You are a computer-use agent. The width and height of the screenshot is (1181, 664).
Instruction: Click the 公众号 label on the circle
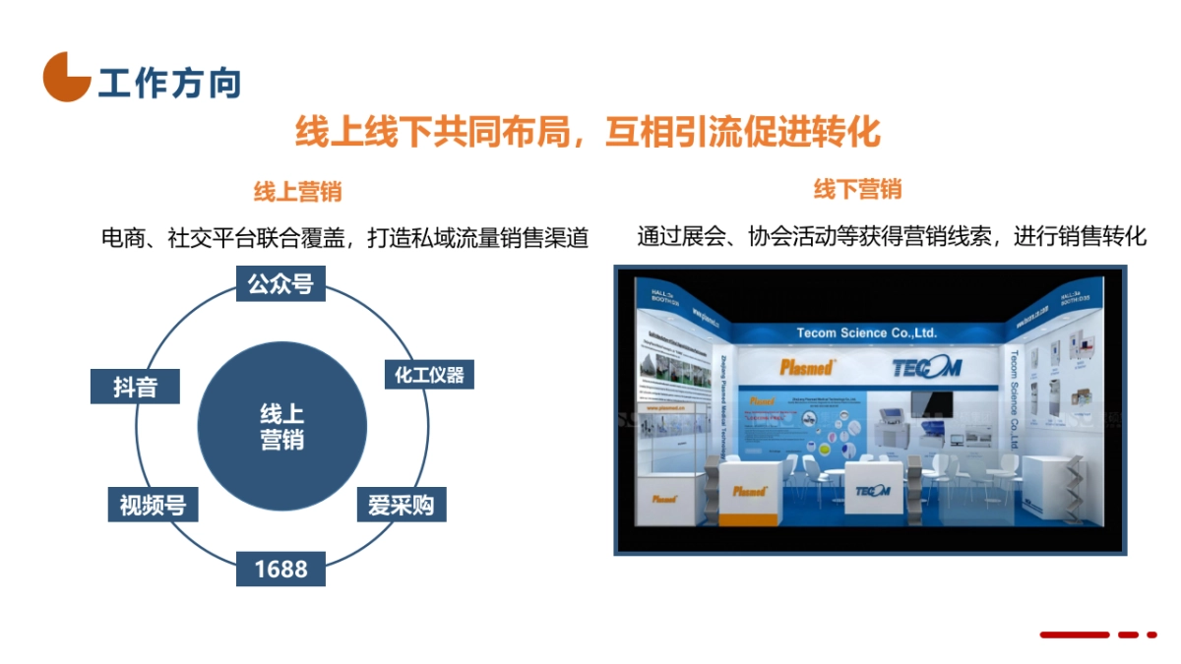tap(280, 284)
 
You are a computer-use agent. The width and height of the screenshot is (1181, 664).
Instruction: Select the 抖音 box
tap(135, 387)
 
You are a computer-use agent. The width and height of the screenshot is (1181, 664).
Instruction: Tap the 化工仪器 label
tap(428, 374)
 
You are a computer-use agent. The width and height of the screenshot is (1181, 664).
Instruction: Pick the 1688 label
tap(280, 569)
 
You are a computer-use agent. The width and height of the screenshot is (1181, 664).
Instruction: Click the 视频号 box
tap(153, 505)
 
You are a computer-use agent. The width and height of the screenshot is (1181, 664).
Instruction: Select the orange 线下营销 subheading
tap(857, 189)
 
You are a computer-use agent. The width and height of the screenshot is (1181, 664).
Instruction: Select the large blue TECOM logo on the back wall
tap(924, 368)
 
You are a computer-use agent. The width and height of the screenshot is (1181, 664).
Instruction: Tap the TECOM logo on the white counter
tap(872, 490)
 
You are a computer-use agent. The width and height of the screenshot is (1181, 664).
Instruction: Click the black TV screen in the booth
tap(930, 404)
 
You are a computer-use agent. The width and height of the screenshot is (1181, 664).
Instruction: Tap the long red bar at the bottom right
tap(1075, 634)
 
